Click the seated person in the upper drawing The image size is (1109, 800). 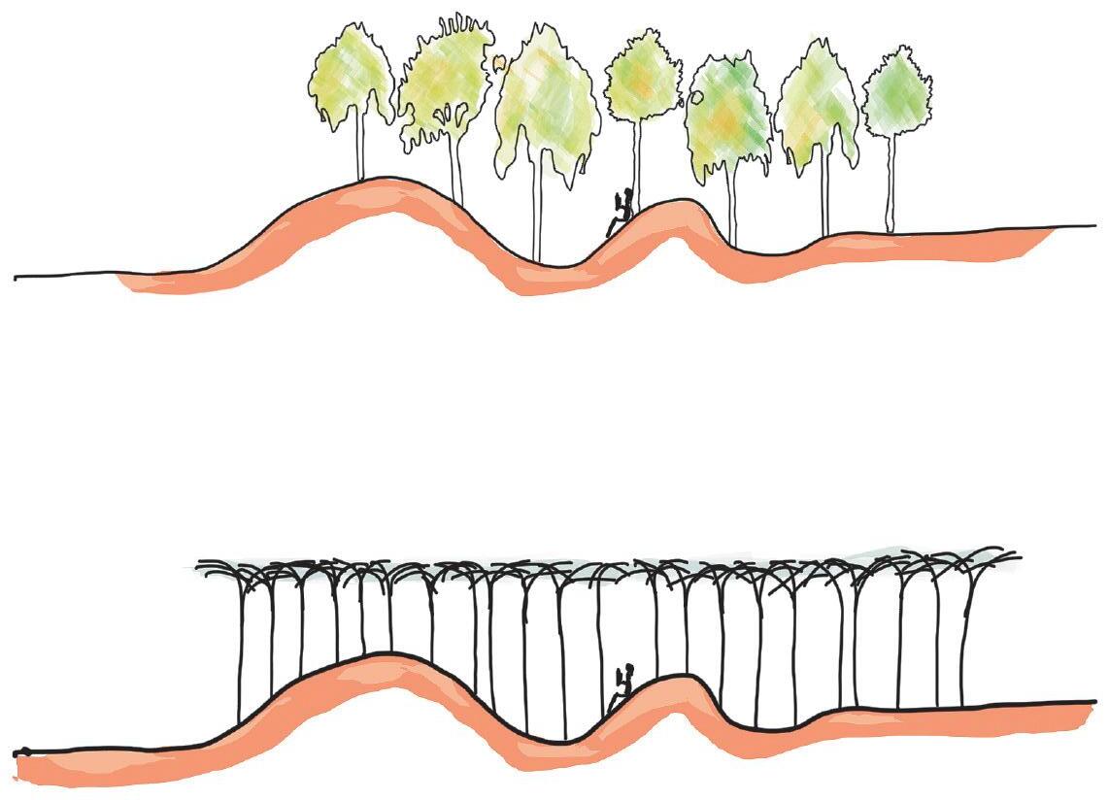pos(621,213)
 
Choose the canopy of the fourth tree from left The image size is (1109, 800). pos(642,78)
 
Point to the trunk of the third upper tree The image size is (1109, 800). pos(535,214)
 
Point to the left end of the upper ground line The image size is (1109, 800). pos(17,278)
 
